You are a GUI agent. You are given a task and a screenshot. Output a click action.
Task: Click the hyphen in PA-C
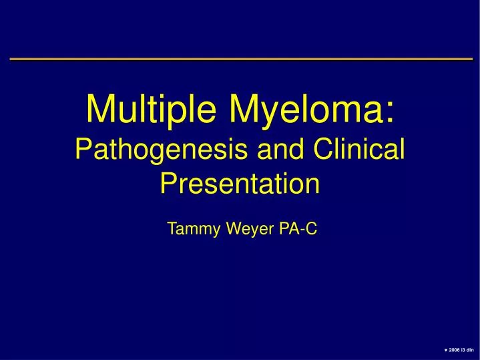click(299, 230)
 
